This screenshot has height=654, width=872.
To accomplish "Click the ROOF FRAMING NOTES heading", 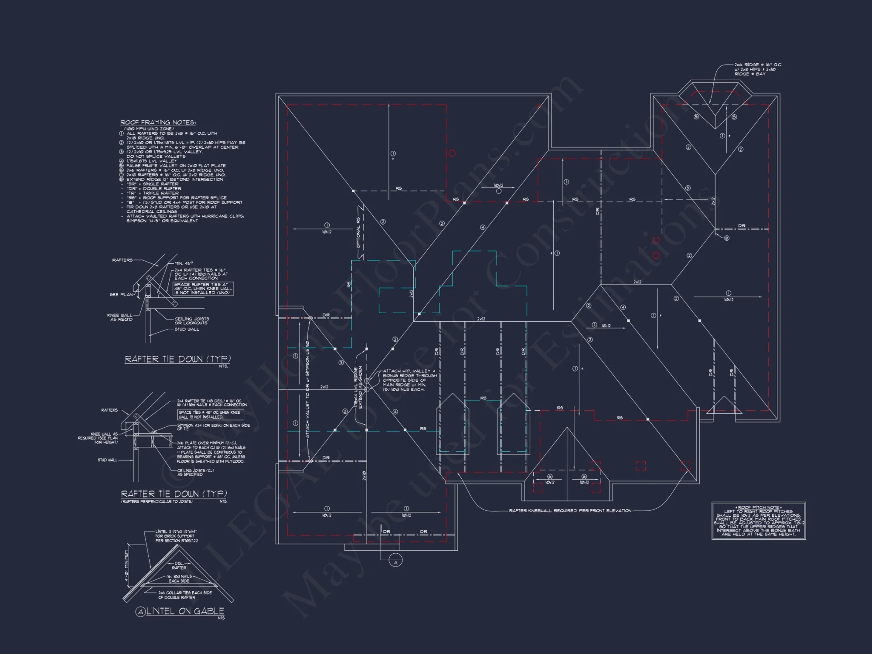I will coord(158,123).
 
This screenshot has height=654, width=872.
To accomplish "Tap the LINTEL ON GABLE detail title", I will coord(185,611).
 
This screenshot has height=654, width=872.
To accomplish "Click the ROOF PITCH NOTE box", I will coord(759,521).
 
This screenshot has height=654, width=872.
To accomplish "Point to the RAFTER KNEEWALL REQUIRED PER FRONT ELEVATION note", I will coord(570,511).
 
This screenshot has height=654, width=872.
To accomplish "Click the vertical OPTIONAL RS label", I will coord(358,233).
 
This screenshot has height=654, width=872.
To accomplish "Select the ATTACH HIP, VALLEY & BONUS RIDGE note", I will coord(409,380).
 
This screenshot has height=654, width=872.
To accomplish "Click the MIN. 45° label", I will coord(184,263).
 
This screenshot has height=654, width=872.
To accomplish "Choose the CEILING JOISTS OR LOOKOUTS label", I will coord(191,321).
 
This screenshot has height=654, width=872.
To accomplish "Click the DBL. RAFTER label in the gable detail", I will coord(179,565).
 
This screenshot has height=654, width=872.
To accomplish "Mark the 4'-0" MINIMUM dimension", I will coord(127,566).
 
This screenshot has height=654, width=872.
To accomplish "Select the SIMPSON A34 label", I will coord(213,427).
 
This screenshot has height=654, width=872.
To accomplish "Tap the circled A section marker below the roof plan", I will coord(395,562).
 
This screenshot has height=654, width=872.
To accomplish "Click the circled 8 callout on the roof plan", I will coord(726,238).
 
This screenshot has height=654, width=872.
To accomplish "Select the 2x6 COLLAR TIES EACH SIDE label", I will coord(185,595).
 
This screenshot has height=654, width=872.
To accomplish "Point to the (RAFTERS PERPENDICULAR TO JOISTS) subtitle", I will coord(157,501).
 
